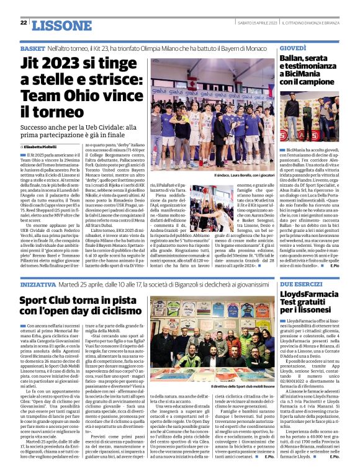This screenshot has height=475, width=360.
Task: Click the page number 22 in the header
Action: coord(24,22)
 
